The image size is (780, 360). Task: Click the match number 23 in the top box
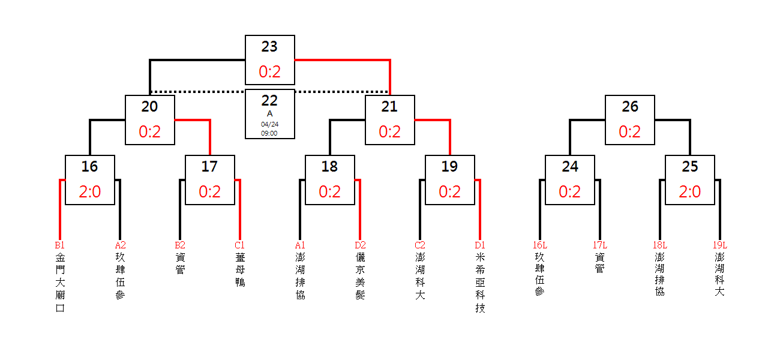point(269,47)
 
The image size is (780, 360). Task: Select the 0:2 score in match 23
point(269,72)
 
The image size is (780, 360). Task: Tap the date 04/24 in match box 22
point(269,124)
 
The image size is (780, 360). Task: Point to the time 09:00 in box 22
point(269,133)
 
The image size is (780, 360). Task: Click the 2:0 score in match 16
point(90,192)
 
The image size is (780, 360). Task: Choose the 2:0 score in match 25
point(690,192)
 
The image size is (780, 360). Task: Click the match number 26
point(630,107)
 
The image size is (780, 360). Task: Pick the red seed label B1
point(60,245)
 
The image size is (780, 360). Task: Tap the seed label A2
point(120,245)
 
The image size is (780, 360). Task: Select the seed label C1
point(240,245)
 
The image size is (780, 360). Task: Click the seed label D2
point(360,245)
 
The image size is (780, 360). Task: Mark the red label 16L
point(540,245)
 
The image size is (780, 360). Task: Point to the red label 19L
point(720,245)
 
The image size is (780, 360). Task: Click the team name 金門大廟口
point(60,283)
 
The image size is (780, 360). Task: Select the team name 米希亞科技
point(480,283)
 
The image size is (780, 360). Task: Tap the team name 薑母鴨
point(240,270)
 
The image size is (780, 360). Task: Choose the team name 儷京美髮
point(361,276)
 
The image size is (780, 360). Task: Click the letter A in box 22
point(269,114)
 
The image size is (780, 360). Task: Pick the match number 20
point(150,107)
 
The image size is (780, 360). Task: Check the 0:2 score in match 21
point(389,132)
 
